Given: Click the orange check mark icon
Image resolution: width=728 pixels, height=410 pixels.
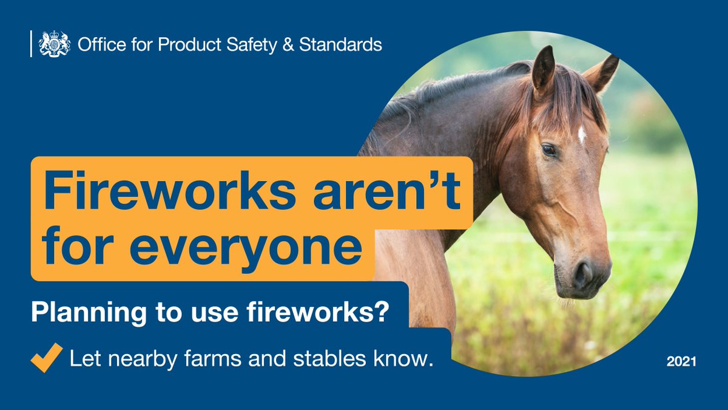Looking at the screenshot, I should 47,356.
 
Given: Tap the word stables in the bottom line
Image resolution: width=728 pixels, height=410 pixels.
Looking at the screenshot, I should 343,358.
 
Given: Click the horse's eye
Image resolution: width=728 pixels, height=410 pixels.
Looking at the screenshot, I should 548,149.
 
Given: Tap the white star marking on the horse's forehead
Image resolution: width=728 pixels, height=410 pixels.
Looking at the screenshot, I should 581,134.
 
